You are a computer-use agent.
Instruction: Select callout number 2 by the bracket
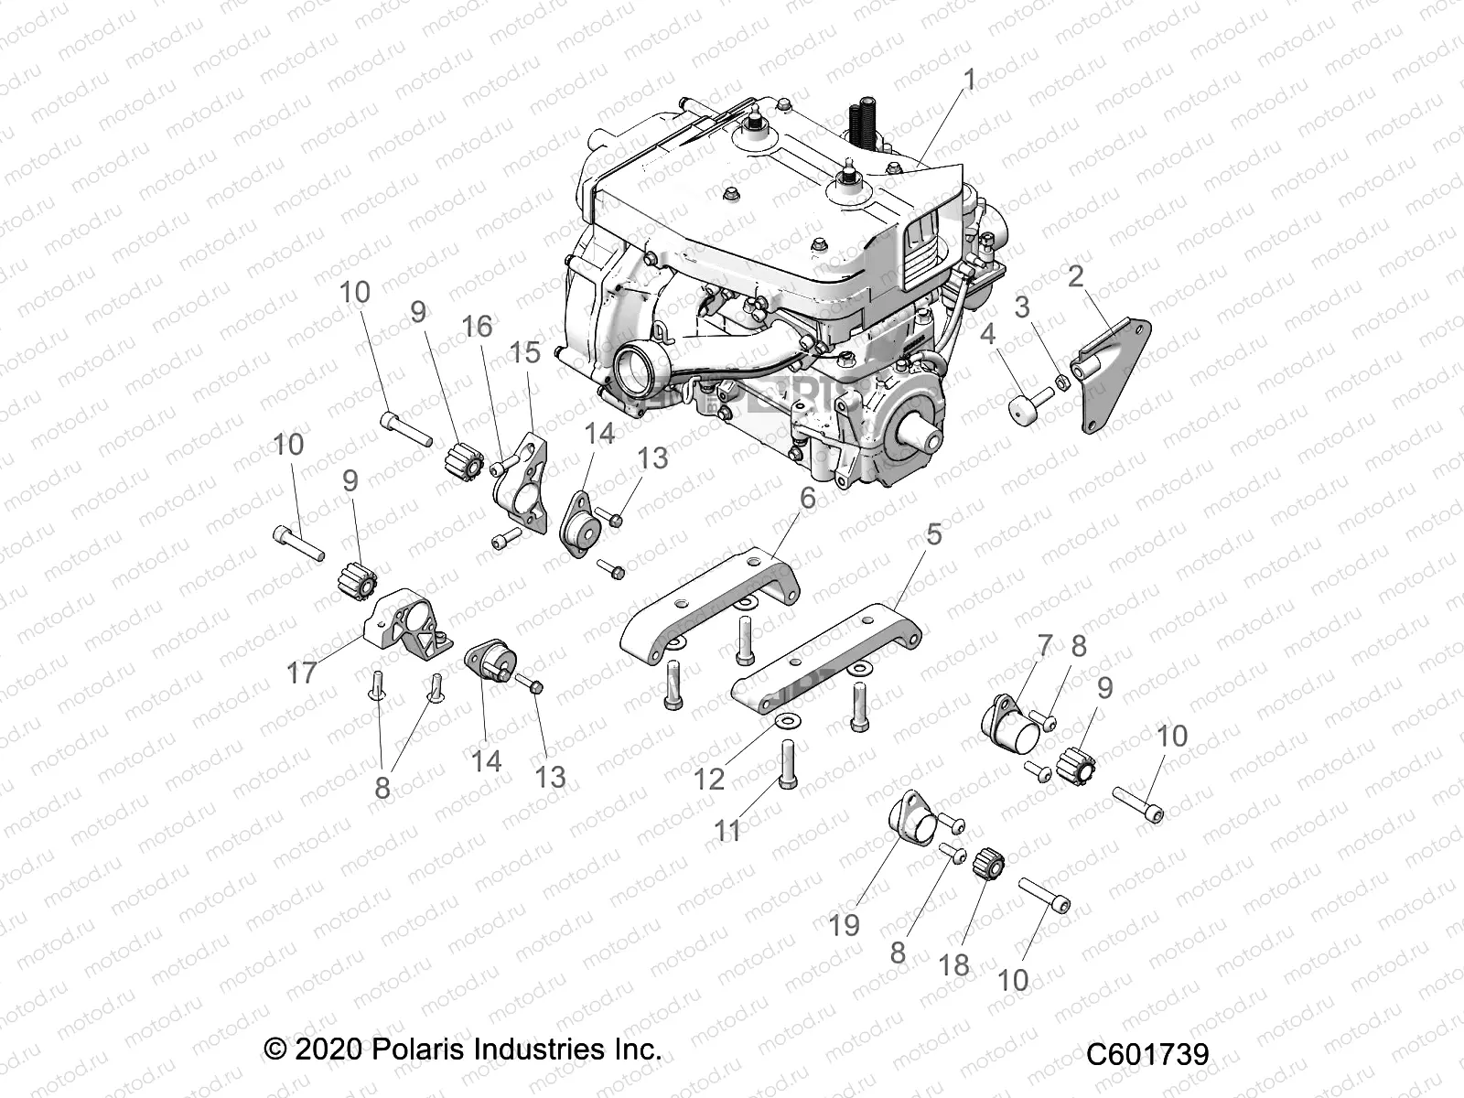pos(1075,276)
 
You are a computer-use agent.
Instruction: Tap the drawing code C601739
pos(1147,1054)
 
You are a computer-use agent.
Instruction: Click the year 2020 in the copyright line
pos(330,1048)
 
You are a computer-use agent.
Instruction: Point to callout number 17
pos(302,673)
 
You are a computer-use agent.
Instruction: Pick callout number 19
pos(845,925)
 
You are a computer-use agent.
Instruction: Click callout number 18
pos(953,963)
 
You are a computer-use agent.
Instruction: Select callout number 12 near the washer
pos(709,779)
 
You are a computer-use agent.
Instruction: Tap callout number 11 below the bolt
pos(727,831)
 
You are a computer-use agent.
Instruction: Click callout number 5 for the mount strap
pos(932,534)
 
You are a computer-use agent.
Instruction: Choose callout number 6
pos(807,499)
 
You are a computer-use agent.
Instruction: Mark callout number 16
pos(478,327)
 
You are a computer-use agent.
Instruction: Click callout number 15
pos(525,353)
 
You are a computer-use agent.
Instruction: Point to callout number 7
pos(1045,646)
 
